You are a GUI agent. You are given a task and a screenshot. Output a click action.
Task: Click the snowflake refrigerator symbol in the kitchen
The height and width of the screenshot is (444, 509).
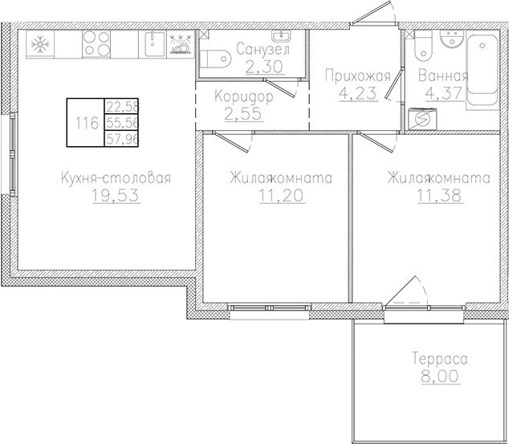pyautogui.click(x=38, y=46)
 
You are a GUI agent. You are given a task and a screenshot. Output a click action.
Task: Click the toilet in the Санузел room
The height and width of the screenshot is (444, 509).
pyautogui.click(x=216, y=59)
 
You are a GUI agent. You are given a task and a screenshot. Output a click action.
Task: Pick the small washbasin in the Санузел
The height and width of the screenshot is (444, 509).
pyautogui.click(x=283, y=37)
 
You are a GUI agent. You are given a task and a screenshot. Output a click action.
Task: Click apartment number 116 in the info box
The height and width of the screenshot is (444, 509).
pyautogui.click(x=85, y=124)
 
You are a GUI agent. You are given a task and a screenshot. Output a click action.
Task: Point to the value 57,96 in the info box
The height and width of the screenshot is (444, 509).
pyautogui.click(x=121, y=140)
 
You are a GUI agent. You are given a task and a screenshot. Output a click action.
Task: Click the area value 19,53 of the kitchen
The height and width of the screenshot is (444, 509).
pyautogui.click(x=116, y=196)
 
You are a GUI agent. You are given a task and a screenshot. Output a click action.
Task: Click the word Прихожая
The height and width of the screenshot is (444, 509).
pyautogui.click(x=357, y=77)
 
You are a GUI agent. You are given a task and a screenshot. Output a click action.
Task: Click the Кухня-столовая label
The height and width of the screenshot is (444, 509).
pyautogui.click(x=116, y=178)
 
